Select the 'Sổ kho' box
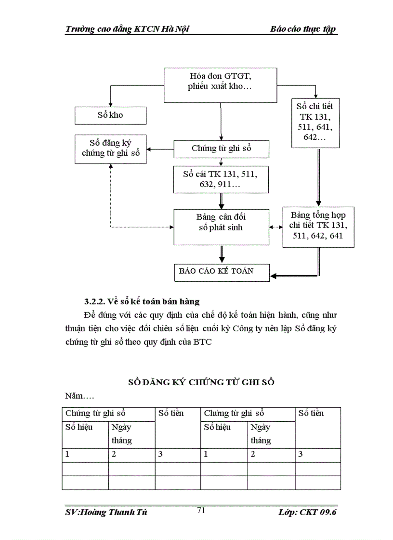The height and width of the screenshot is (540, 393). [110, 115]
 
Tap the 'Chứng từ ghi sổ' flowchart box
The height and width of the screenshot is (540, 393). [221, 149]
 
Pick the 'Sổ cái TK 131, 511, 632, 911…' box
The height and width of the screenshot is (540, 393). [221, 179]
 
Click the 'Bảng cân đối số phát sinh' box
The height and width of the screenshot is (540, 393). [221, 226]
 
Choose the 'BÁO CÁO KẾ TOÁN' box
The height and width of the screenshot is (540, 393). [221, 271]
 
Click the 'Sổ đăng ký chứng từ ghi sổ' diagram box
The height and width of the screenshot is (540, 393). [110, 148]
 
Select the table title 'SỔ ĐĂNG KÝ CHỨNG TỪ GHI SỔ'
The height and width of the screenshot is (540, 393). [201, 382]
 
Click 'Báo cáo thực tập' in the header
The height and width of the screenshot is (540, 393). [303, 29]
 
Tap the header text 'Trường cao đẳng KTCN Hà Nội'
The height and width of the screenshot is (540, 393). [127, 29]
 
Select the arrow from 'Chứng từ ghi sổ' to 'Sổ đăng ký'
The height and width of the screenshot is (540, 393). [160, 149]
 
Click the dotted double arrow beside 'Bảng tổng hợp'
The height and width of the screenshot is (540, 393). [275, 226]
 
